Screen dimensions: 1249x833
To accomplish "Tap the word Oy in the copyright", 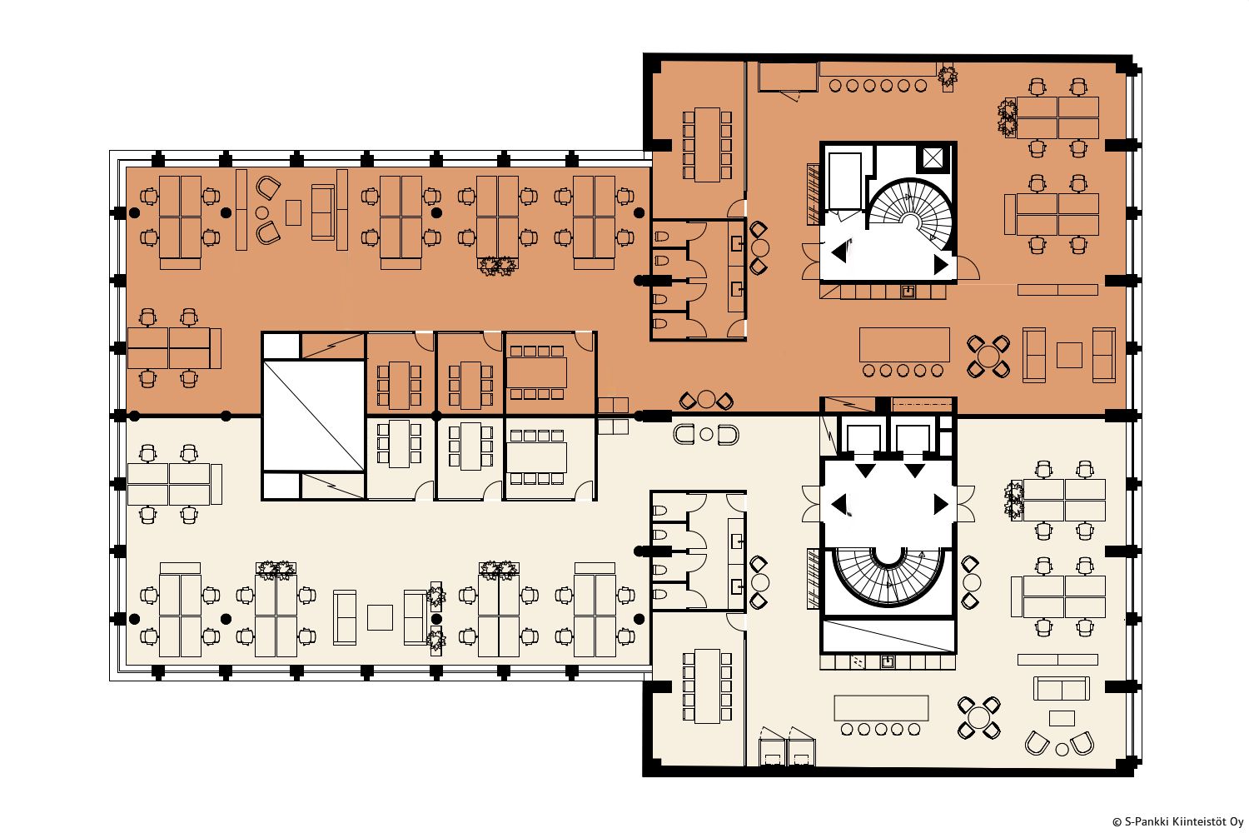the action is [x=1236, y=822].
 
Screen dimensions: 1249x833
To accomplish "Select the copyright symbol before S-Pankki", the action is [x=1117, y=822].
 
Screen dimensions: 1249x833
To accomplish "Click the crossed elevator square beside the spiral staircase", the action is [x=933, y=157].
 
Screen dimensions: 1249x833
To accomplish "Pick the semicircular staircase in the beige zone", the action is [x=888, y=576].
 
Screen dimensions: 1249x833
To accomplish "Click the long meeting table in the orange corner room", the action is [x=707, y=144].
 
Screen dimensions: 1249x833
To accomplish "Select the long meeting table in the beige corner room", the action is [x=707, y=686].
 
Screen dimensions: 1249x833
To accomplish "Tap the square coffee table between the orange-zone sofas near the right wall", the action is [x=1069, y=355].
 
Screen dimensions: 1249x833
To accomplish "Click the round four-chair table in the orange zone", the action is [x=988, y=357].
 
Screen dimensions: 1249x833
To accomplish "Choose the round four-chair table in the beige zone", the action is [x=978, y=717].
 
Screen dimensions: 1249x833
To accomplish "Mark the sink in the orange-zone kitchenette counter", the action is [x=908, y=292].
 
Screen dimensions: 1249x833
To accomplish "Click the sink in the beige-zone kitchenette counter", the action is [x=887, y=662].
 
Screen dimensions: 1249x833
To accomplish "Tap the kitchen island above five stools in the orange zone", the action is [x=904, y=344].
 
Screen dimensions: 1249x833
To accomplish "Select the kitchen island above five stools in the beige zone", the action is [x=881, y=708].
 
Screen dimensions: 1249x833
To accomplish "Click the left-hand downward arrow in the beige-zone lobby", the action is [x=865, y=471].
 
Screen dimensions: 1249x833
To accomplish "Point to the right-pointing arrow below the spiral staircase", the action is [x=941, y=264].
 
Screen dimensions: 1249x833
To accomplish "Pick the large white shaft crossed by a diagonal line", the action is [x=314, y=416].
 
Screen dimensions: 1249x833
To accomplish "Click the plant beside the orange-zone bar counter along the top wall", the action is [x=948, y=77].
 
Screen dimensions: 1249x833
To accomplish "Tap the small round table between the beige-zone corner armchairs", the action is [x=1062, y=750].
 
